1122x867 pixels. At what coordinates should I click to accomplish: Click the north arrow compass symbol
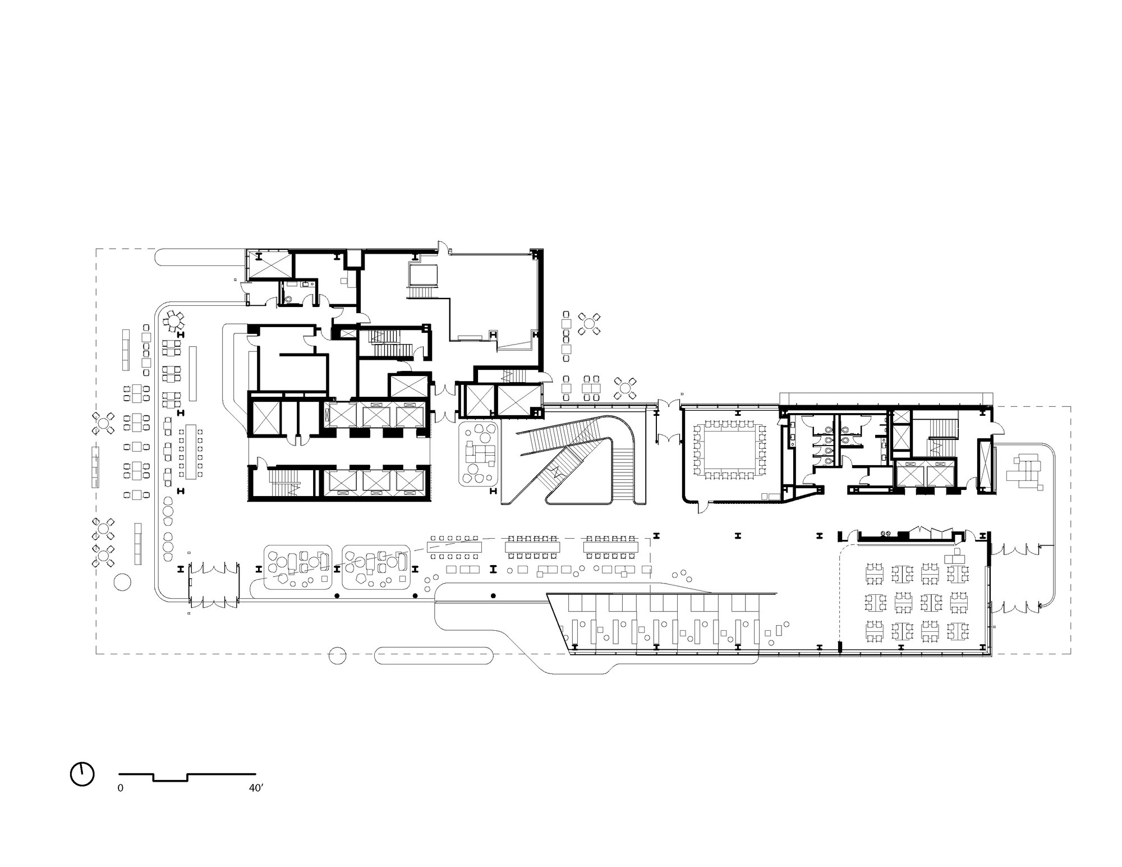[x=82, y=774]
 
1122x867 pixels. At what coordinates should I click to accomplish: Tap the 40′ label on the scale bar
[x=256, y=788]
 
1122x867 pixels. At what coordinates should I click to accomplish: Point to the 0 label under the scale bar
[x=120, y=788]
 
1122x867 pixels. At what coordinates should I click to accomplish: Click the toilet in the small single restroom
[x=288, y=300]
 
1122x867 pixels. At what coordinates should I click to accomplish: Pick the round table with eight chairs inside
[x=174, y=322]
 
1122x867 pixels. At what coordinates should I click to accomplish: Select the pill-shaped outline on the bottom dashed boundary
[x=434, y=654]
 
